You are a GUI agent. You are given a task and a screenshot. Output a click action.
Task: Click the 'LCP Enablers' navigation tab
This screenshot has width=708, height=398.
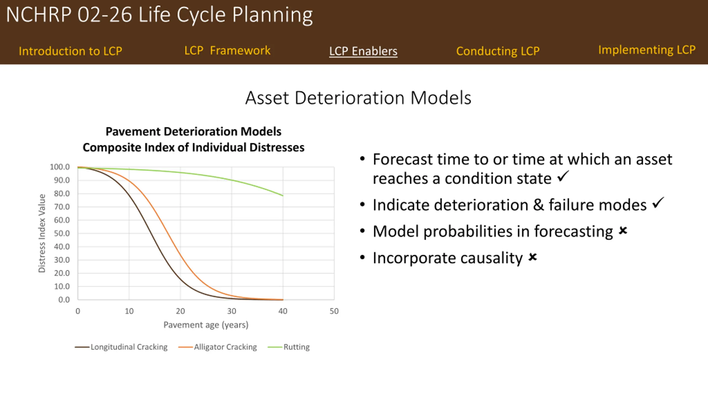(363, 51)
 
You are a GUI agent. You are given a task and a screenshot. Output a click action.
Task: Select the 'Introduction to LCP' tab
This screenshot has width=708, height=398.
(71, 51)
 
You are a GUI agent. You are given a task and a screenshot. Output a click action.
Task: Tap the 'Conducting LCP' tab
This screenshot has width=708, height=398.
(498, 51)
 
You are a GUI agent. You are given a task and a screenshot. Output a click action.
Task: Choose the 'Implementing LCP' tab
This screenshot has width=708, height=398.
(647, 50)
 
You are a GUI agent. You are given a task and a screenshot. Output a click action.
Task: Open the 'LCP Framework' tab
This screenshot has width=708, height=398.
(227, 51)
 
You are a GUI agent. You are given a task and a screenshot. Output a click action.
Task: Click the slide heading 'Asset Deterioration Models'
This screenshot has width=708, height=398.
(358, 98)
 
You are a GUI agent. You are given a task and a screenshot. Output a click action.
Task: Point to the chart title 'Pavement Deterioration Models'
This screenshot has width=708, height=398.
(194, 132)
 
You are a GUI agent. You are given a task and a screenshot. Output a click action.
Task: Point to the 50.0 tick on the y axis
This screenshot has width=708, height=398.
(62, 233)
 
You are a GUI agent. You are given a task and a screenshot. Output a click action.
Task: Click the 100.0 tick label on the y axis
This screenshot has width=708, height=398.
(60, 167)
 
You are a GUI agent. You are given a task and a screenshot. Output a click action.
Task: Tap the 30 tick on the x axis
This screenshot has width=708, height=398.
(232, 311)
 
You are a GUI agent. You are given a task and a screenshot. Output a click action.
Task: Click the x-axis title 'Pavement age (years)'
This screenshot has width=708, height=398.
(206, 325)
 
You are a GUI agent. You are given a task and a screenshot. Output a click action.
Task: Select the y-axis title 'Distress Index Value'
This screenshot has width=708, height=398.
(42, 233)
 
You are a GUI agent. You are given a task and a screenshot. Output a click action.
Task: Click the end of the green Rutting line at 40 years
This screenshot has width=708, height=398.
(283, 196)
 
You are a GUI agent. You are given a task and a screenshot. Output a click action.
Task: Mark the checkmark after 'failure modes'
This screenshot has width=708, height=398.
(658, 203)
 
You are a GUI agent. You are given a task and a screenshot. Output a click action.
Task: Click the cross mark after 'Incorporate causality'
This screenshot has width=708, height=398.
(533, 257)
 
